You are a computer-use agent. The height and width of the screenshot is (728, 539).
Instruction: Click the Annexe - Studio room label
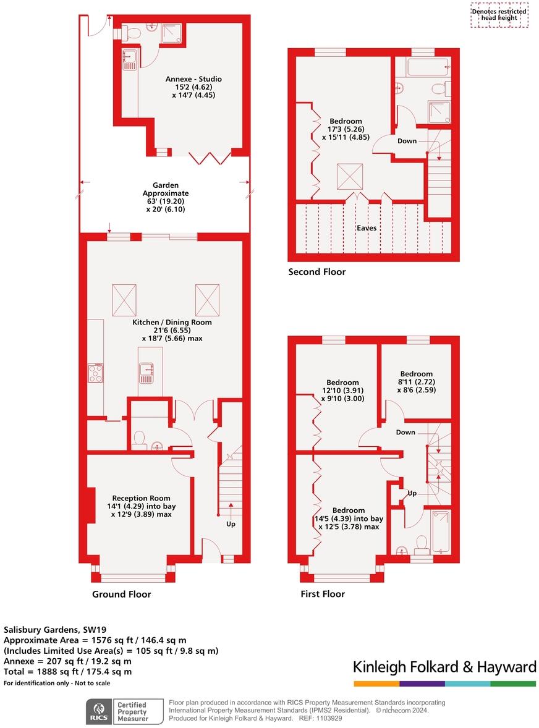(193, 87)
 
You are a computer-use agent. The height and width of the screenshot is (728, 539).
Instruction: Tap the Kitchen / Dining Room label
(172, 330)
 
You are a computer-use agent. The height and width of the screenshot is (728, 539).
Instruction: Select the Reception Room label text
(141, 506)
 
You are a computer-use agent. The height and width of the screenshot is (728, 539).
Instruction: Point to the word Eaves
(366, 228)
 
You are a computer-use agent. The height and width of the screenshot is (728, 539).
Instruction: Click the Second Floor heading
(316, 272)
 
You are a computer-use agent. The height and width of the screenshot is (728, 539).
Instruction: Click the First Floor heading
(322, 594)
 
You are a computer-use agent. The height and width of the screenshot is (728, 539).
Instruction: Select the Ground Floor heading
(121, 595)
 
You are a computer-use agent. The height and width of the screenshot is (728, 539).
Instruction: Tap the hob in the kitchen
(95, 373)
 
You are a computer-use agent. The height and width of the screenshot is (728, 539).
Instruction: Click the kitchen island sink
(146, 370)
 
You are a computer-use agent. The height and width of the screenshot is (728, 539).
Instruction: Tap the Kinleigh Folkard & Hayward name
(444, 667)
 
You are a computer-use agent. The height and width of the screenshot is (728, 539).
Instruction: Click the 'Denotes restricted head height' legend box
(499, 15)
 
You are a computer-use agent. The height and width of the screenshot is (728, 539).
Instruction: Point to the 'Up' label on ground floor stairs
(230, 524)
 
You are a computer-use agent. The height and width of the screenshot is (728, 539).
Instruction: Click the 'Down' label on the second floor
(407, 141)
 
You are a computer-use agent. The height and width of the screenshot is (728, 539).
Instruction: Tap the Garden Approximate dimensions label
(166, 197)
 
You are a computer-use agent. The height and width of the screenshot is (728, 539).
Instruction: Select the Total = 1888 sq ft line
(68, 672)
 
